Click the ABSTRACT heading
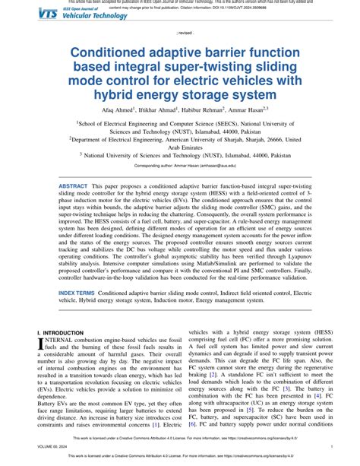tap(73, 186)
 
